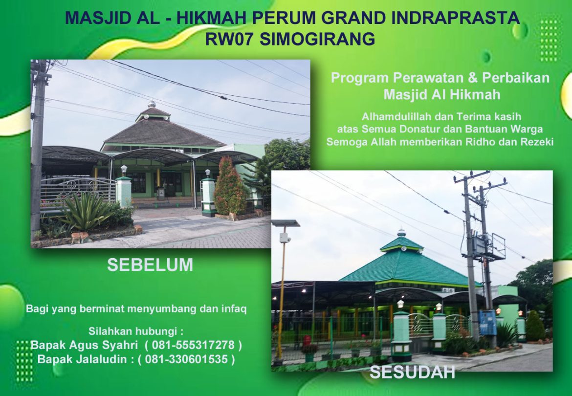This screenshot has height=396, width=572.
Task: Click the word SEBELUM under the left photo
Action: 150,265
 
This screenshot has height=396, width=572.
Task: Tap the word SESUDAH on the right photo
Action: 412,373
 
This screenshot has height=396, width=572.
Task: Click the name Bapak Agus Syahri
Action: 85,345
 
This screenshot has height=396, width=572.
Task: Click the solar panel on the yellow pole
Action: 286,223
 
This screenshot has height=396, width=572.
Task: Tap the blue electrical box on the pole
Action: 487,323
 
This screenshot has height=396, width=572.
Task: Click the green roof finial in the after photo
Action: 401,233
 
